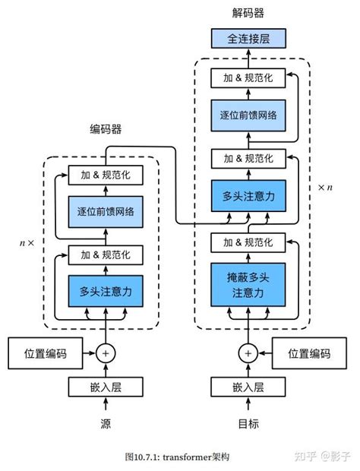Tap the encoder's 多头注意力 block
(x=106, y=289)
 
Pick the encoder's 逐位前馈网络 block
(x=106, y=212)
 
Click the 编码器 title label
(x=106, y=129)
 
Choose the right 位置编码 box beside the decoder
(x=309, y=353)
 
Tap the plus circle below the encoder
(x=106, y=353)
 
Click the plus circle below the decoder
(x=248, y=353)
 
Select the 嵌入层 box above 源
(x=106, y=387)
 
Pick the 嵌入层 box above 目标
(x=248, y=387)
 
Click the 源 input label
(x=106, y=423)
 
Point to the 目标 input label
(x=248, y=423)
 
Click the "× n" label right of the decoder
(x=325, y=187)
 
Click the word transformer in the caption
(x=191, y=457)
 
